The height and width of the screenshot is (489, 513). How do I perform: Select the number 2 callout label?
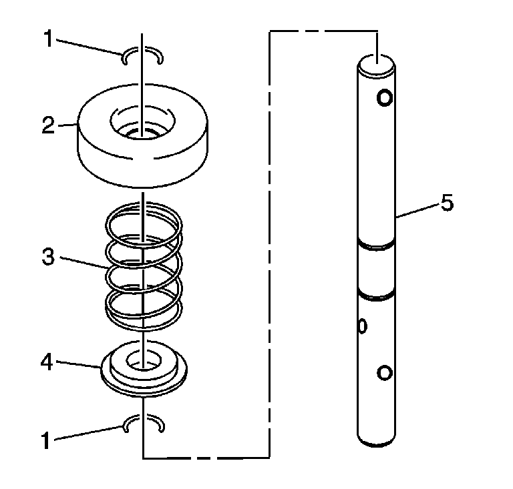click(47, 125)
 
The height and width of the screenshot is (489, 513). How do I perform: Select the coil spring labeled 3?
click(144, 267)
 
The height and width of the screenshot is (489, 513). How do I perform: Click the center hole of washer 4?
click(143, 362)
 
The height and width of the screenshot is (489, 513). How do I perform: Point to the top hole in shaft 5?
click(384, 98)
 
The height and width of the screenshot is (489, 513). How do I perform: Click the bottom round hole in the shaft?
click(383, 372)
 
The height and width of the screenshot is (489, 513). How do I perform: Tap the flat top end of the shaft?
click(377, 65)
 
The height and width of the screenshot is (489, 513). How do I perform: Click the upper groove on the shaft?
click(377, 244)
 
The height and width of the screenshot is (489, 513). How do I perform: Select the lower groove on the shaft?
click(377, 292)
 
